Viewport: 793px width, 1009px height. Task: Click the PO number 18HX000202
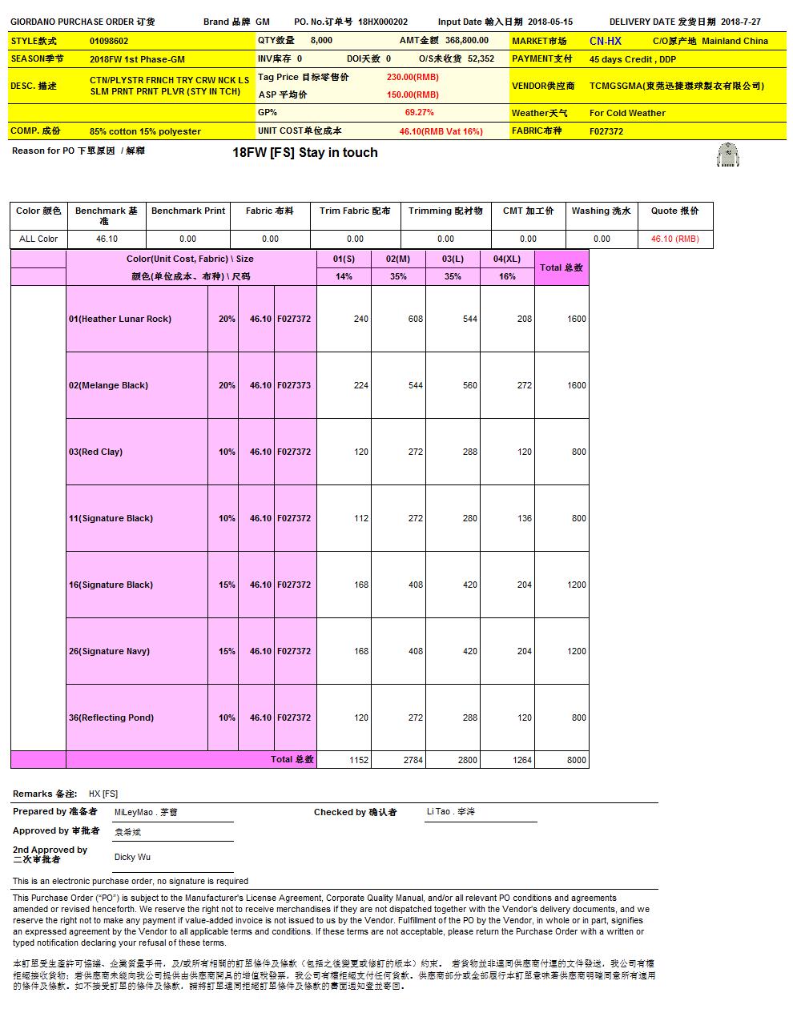[x=383, y=22]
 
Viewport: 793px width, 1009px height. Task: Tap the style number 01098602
[x=109, y=41]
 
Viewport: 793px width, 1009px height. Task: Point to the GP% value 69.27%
[x=419, y=113]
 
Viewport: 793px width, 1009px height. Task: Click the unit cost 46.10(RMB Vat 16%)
[x=441, y=131]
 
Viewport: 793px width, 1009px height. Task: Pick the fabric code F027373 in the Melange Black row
[x=294, y=385]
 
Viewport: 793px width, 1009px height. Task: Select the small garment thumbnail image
[x=727, y=155]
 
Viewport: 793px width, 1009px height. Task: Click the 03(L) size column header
[x=453, y=259]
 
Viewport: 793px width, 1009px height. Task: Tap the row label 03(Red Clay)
[x=95, y=452]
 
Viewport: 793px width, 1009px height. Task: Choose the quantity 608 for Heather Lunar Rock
[x=415, y=319]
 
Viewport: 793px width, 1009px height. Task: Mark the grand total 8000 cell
[x=577, y=760]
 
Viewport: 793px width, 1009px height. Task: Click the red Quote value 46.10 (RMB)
[x=674, y=239]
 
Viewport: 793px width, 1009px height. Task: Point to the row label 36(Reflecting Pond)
[x=111, y=718]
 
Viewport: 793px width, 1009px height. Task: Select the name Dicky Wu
[x=132, y=857]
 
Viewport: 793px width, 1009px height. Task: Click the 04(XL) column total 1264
[x=522, y=760]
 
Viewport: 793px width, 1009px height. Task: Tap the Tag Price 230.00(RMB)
[x=413, y=77]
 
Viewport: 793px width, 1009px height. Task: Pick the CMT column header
[x=528, y=211]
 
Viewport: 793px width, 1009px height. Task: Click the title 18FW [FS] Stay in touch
[x=305, y=153]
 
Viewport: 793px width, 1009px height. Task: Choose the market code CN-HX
[x=605, y=41]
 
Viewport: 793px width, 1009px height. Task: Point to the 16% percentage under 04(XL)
[x=507, y=276]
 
